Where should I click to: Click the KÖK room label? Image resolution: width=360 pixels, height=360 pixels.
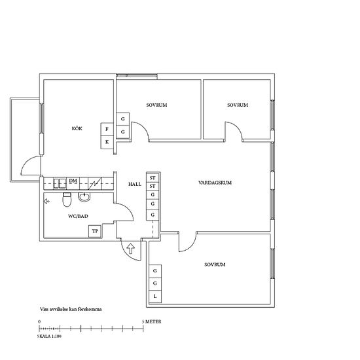(77, 128)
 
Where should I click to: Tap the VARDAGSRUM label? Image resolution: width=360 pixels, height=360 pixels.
(215, 183)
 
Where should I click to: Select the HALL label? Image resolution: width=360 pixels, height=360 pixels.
(135, 184)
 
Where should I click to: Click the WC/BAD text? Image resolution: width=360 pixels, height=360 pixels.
(78, 216)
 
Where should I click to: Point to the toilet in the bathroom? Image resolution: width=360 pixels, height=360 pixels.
(67, 200)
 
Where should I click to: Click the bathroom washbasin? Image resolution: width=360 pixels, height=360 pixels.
(84, 197)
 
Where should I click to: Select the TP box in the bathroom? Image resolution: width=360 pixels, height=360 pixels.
(95, 231)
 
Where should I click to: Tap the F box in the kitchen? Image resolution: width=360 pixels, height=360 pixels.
(107, 129)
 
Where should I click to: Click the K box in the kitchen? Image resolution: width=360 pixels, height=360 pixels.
(107, 142)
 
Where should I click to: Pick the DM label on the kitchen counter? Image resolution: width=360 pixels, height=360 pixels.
(73, 181)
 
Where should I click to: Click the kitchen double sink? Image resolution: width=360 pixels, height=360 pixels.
(60, 184)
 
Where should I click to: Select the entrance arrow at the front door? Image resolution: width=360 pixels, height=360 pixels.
(131, 249)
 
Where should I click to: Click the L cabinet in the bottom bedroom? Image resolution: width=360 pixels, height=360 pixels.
(155, 296)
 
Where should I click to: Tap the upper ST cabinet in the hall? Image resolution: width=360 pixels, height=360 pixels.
(153, 177)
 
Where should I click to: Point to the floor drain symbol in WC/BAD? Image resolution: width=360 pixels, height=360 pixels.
(47, 202)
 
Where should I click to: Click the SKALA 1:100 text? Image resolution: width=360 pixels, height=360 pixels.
(49, 336)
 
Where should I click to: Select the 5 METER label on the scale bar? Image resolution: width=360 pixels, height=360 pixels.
(151, 321)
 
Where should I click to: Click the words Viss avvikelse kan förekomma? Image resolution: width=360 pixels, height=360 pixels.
(71, 309)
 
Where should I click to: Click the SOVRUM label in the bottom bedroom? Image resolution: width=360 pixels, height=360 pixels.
(215, 264)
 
